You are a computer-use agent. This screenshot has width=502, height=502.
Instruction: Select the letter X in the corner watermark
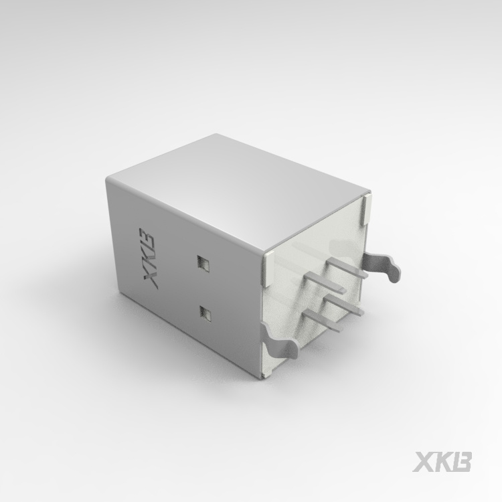(423, 462)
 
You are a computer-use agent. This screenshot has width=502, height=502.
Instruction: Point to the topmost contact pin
(348, 268)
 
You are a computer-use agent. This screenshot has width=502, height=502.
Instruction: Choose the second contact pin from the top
(325, 282)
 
